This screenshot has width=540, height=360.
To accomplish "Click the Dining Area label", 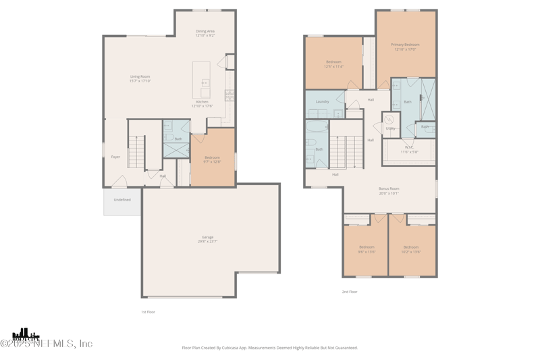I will pyautogui.click(x=205, y=31).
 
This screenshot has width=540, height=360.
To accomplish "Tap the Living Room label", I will pyautogui.click(x=140, y=76).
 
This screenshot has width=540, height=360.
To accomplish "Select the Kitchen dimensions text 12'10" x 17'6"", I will pyautogui.click(x=202, y=106).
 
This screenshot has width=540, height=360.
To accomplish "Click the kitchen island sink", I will pyautogui.click(x=205, y=83).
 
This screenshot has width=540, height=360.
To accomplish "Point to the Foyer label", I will pyautogui.click(x=115, y=157).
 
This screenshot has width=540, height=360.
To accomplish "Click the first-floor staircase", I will pyautogui.click(x=136, y=151).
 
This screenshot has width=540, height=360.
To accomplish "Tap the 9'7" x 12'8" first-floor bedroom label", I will pyautogui.click(x=212, y=159).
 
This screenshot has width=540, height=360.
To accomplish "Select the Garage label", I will pyautogui.click(x=207, y=237).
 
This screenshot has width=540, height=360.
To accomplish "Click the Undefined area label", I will pyautogui.click(x=122, y=200).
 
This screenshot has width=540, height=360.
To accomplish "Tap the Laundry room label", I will pyautogui.click(x=322, y=101).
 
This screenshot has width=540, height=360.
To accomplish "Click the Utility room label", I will pyautogui.click(x=390, y=128).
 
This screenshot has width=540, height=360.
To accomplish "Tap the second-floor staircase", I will pyautogui.click(x=346, y=152).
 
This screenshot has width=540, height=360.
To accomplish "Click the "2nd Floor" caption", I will pyautogui.click(x=350, y=292).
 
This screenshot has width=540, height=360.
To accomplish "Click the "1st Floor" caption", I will pyautogui.click(x=148, y=312).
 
